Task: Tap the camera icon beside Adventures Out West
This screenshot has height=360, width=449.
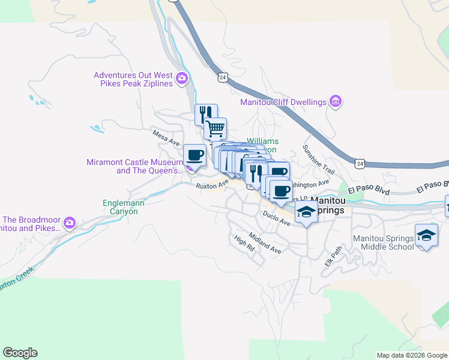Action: pyautogui.click(x=181, y=78)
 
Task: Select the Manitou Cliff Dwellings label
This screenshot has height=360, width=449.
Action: pyautogui.click(x=283, y=102)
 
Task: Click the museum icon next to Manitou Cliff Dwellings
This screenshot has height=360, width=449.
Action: pyautogui.click(x=336, y=101)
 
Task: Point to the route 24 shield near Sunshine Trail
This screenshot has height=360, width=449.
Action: pyautogui.click(x=359, y=163)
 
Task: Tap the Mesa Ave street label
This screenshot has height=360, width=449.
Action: pyautogui.click(x=166, y=137)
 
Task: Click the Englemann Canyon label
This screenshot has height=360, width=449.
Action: pyautogui.click(x=124, y=208)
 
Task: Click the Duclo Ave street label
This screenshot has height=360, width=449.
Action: pyautogui.click(x=276, y=218)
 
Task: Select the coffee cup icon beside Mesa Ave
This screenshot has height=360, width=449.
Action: pyautogui.click(x=194, y=155)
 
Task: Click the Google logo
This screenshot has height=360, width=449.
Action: pyautogui.click(x=20, y=353)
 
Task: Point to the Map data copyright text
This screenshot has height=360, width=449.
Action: pyautogui.click(x=411, y=355)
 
